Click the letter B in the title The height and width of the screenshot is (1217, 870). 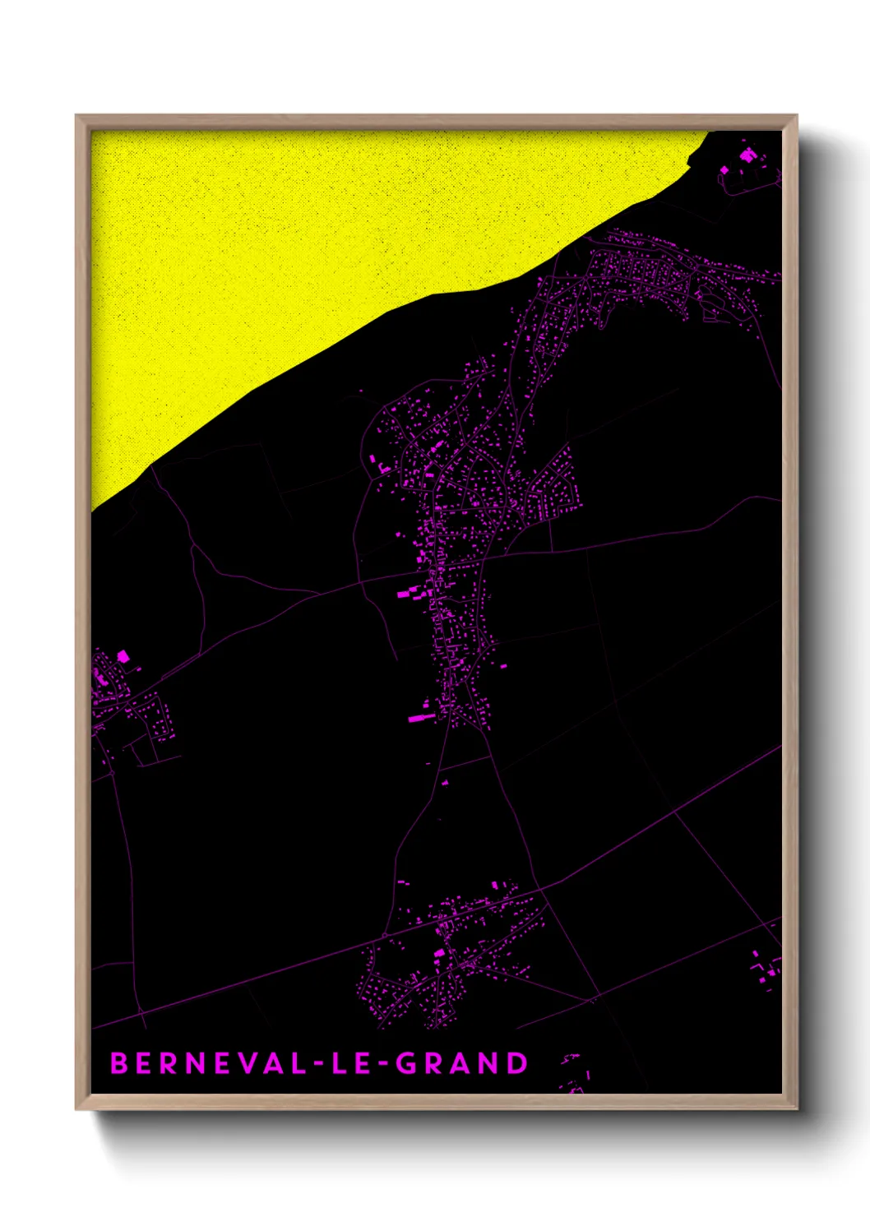tap(119, 1063)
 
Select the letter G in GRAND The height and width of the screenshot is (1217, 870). tap(406, 1063)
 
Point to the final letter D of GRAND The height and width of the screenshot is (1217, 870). tap(517, 1063)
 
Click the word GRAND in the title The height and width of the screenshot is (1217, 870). tap(461, 1063)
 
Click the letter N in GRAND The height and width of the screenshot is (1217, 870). tap(490, 1063)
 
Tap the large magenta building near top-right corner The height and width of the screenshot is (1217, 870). tap(747, 155)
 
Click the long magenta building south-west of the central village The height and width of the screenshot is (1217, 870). tap(421, 718)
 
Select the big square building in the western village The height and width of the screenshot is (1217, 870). tap(123, 656)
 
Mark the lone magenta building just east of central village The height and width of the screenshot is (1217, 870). tap(503, 666)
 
